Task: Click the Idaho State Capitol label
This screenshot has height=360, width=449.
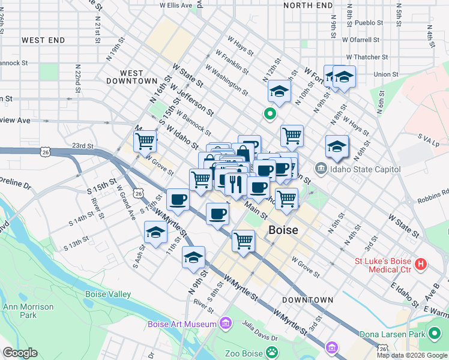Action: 366,169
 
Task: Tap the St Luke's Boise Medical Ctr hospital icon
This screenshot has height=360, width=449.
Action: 421,263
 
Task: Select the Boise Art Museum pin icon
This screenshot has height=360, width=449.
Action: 226,324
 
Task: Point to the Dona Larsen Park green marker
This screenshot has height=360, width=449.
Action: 435,334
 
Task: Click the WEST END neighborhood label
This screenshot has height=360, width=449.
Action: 43,40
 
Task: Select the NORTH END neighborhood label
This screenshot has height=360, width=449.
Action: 307,5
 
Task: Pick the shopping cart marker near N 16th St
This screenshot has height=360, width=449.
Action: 145,142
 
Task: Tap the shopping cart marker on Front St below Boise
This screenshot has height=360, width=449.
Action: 244,241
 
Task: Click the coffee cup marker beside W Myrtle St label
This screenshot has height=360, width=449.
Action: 178,200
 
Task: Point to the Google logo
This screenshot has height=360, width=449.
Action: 20,353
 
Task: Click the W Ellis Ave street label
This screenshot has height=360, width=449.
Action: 176,5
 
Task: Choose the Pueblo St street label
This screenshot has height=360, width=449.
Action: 369,23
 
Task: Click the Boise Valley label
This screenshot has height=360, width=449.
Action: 108,295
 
